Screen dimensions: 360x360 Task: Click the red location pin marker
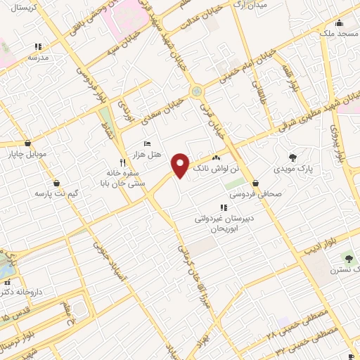(x=181, y=165)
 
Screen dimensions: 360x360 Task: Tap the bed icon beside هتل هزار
(x=146, y=143)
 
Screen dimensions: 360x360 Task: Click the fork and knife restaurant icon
(x=122, y=161)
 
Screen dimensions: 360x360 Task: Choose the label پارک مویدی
(x=293, y=169)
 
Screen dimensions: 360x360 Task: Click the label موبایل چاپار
(x=27, y=153)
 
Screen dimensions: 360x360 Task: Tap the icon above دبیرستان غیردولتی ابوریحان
(x=223, y=207)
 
